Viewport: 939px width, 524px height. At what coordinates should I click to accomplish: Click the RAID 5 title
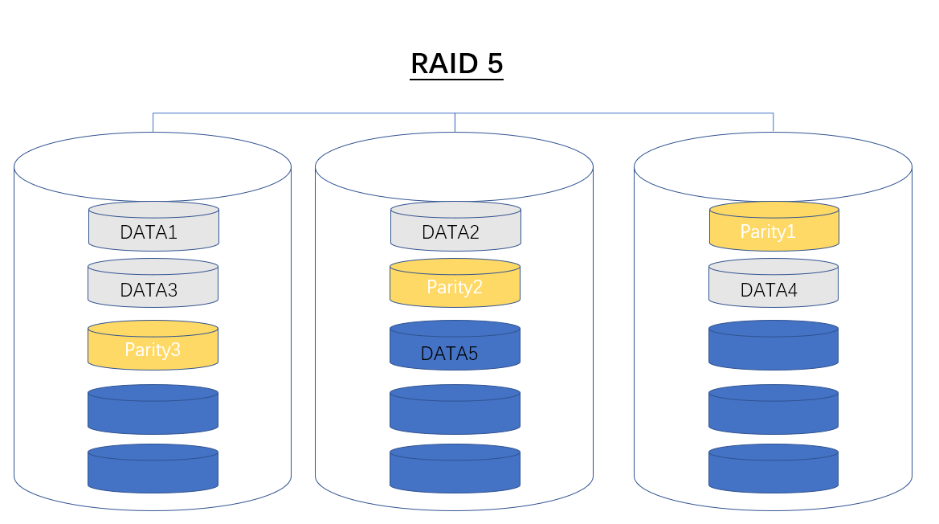pos(456,63)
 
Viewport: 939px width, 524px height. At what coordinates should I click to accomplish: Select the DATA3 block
pos(153,285)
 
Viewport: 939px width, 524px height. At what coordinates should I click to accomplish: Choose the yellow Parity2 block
pos(455,284)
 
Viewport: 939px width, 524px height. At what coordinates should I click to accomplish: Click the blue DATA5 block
pos(455,347)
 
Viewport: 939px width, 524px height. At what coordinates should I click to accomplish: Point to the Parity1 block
pos(774,227)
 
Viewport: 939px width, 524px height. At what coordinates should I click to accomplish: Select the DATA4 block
pos(774,285)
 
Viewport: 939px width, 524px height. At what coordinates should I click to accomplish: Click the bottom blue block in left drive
pos(153,469)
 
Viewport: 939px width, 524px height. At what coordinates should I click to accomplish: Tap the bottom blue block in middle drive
pos(455,469)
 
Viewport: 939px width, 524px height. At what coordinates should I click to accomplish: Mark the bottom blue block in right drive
pos(774,469)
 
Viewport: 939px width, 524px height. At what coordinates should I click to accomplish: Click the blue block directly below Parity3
pos(153,410)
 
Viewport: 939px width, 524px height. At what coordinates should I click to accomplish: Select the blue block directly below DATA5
pos(455,410)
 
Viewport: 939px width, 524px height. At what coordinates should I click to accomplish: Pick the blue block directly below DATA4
pos(774,346)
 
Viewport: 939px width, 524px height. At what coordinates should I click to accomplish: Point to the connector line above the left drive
pos(153,122)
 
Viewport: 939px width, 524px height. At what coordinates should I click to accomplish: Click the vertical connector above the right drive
pos(774,122)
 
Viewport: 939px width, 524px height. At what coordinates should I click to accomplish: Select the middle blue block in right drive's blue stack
pos(774,410)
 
